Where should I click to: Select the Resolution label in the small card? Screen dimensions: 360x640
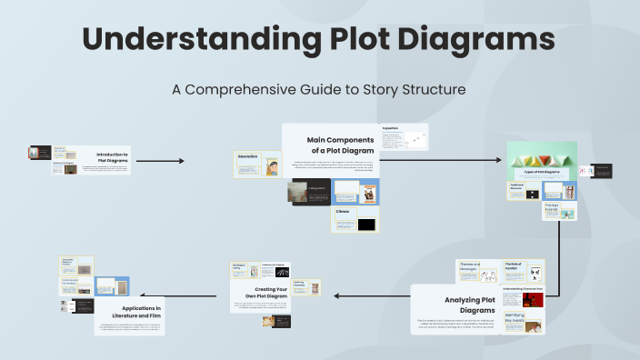(x=248, y=157)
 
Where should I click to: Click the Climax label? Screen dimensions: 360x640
(x=343, y=212)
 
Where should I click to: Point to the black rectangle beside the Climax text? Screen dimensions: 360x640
(x=366, y=224)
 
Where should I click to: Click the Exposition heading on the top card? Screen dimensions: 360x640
(x=390, y=129)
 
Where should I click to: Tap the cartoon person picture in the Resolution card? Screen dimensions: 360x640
(x=272, y=167)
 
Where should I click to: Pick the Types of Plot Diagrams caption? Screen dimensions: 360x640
(x=540, y=171)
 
